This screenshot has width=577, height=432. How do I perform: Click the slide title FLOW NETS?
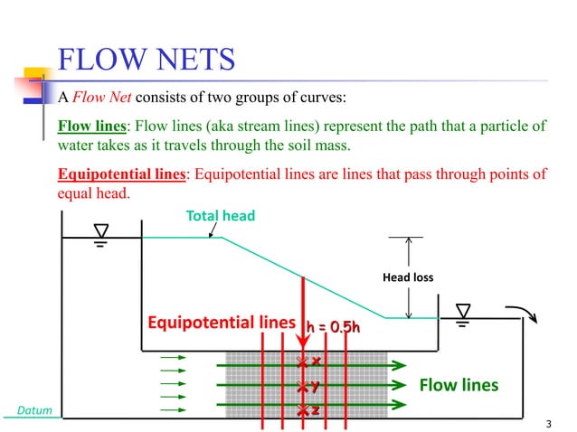click(147, 61)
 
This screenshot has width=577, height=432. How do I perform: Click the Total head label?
click(221, 216)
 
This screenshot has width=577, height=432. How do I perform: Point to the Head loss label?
click(409, 277)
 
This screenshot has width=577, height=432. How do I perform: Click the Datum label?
click(34, 412)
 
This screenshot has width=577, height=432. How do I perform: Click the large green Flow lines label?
click(459, 386)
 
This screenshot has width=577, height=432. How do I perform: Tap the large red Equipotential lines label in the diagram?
click(222, 323)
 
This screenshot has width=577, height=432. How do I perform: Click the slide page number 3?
click(550, 423)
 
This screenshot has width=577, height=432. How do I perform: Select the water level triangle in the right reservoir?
click(463, 311)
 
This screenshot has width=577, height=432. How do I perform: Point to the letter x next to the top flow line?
click(317, 362)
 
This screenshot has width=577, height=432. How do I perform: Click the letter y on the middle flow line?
click(316, 387)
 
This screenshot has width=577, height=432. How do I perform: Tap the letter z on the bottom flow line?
click(317, 410)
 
